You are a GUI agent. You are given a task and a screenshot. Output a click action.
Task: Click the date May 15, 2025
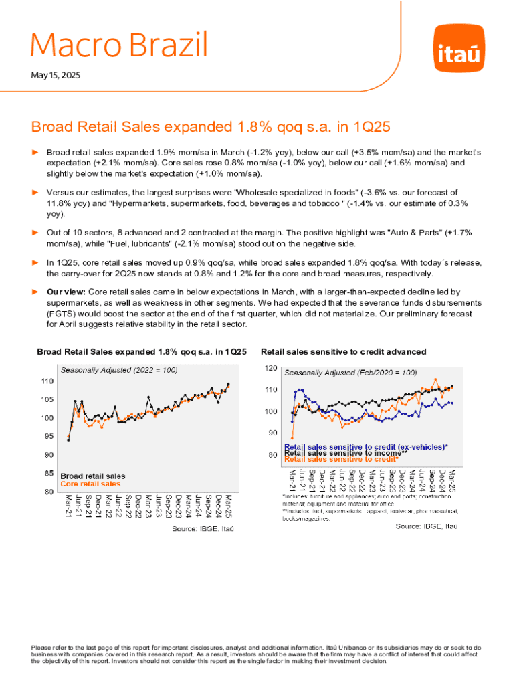click(x=56, y=76)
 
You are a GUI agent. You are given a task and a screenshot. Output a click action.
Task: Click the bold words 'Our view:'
click(x=66, y=292)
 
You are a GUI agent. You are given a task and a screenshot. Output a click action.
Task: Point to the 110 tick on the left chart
click(x=47, y=381)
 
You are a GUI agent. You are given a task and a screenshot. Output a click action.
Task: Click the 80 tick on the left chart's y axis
click(x=49, y=492)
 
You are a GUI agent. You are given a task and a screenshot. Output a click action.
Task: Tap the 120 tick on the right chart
click(x=271, y=369)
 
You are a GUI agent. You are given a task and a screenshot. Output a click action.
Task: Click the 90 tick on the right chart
click(x=272, y=433)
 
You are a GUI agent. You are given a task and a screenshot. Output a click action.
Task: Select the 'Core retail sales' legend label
click(x=90, y=484)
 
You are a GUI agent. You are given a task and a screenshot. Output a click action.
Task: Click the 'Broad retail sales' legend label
click(x=92, y=476)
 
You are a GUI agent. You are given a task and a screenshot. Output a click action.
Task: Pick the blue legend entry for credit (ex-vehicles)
click(x=366, y=446)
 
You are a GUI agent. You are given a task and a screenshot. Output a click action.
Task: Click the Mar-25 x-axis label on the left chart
click(x=229, y=506)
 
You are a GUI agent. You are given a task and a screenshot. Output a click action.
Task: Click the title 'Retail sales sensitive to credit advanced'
click(x=343, y=351)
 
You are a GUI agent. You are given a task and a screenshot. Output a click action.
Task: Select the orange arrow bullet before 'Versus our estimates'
click(x=37, y=192)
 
